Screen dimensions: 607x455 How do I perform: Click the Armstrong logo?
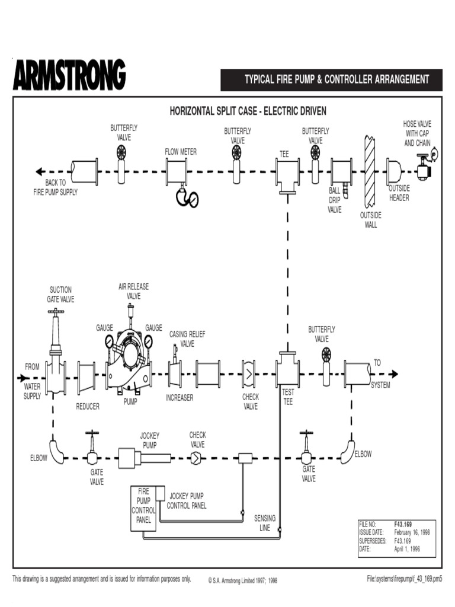[69, 75]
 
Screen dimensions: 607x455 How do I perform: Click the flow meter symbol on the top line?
[177, 172]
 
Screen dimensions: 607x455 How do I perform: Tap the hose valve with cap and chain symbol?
[424, 168]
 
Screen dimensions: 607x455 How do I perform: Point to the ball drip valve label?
[335, 200]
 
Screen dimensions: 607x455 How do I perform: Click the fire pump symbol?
[129, 365]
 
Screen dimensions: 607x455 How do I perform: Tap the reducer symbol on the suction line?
[86, 376]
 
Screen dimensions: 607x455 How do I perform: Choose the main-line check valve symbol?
[249, 375]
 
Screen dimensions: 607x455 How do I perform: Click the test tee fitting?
[288, 370]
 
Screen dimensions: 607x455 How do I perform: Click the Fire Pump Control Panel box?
[143, 508]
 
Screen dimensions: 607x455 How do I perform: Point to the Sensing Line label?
[265, 522]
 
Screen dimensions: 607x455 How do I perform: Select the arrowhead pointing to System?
[392, 375]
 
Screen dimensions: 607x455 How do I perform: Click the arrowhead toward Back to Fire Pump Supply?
[40, 172]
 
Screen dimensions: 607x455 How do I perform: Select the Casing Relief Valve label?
[187, 338]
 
